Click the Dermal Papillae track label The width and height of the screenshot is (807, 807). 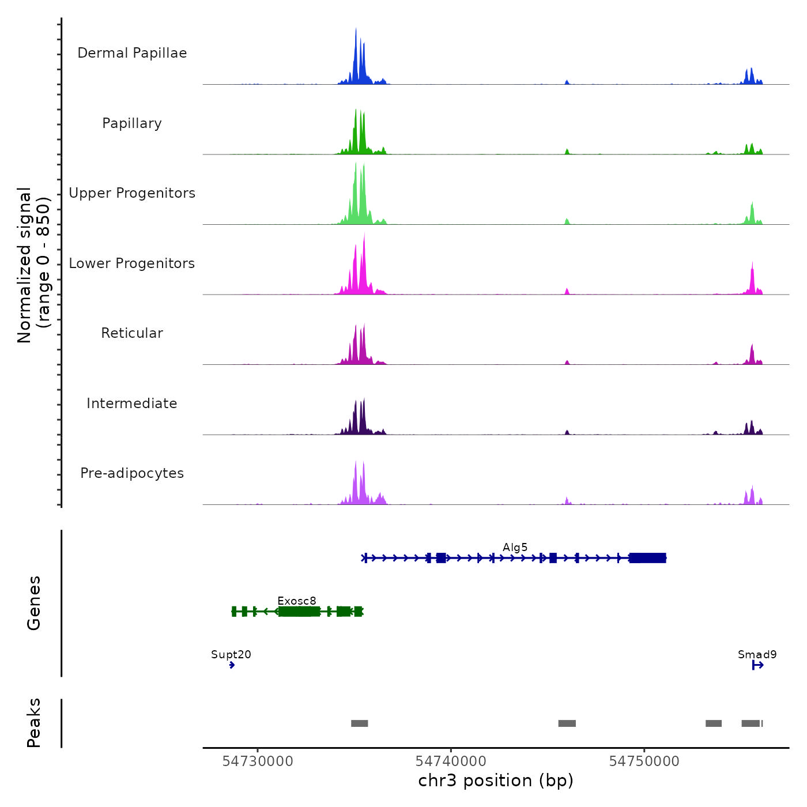(x=132, y=53)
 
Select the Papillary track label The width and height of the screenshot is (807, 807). (x=132, y=123)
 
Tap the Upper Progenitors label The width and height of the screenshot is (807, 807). (x=132, y=193)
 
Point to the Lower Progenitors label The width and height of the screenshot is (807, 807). (x=132, y=263)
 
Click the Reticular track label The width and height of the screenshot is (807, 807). (x=132, y=333)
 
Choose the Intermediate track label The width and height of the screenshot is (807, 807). (x=132, y=403)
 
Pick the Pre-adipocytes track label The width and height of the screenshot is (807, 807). (x=132, y=473)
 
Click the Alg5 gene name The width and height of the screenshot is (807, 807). (x=515, y=547)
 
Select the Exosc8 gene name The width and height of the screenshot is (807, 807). (x=296, y=601)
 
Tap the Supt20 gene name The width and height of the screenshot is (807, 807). (x=231, y=654)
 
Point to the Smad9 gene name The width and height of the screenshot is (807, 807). (x=757, y=654)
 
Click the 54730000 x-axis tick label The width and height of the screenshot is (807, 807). (x=258, y=761)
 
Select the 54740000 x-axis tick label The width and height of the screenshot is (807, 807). (x=451, y=761)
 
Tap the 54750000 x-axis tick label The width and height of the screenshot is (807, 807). (x=644, y=761)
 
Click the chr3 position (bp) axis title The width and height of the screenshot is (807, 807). (x=496, y=780)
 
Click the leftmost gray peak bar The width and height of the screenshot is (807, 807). (x=359, y=723)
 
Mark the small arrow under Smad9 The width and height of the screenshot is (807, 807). (x=757, y=665)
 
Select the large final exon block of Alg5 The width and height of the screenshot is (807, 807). (x=647, y=558)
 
